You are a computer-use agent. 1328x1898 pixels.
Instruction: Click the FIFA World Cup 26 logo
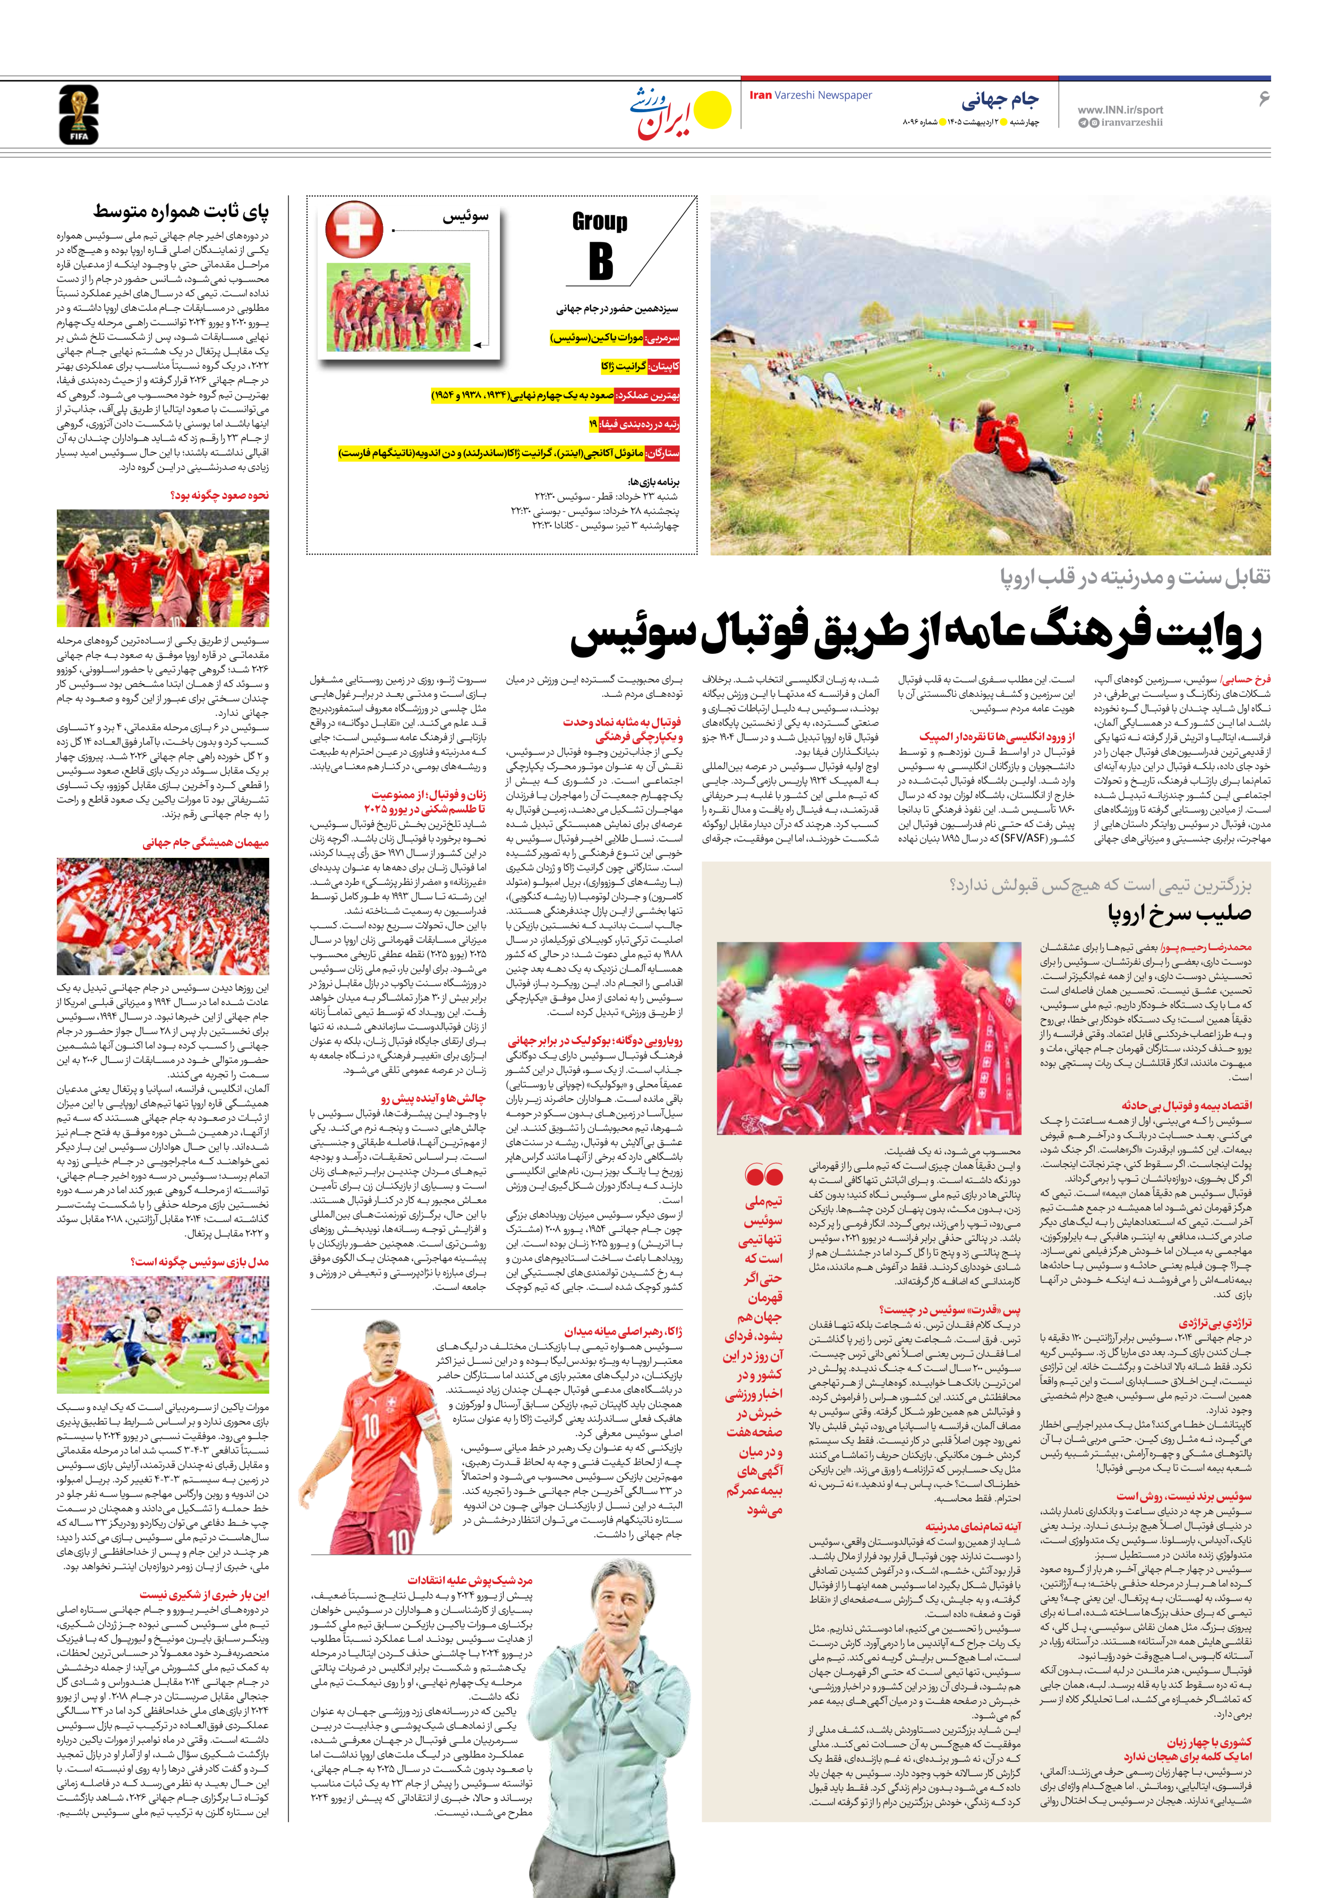(x=79, y=115)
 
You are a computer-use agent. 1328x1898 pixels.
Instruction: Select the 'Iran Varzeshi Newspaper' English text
(x=810, y=95)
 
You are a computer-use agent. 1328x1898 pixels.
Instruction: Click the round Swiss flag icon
(x=354, y=228)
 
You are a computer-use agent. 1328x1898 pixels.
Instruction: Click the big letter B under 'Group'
(x=601, y=260)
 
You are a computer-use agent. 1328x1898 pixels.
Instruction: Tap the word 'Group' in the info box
(x=599, y=222)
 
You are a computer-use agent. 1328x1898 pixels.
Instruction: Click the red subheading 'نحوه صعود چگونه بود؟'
(x=219, y=495)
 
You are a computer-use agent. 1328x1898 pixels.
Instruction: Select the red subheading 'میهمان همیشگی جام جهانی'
(x=206, y=843)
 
